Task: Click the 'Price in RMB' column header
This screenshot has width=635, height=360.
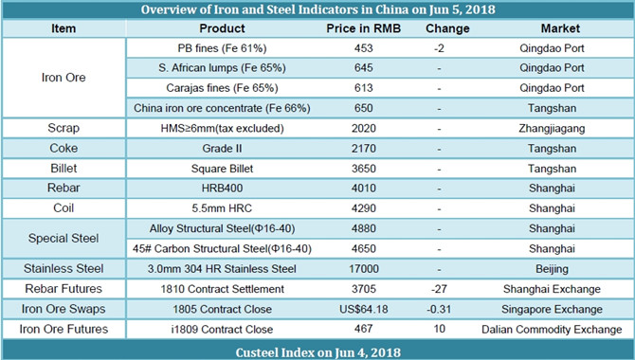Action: pos(363,28)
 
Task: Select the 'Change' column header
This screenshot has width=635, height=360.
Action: pos(447,28)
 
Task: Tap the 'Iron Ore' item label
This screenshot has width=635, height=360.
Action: pos(63,78)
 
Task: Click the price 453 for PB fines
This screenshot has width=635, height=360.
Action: pos(363,48)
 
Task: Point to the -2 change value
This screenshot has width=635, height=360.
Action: pos(439,48)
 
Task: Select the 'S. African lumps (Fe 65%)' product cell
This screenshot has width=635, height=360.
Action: pos(222,68)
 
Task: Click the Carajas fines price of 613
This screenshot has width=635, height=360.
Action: pos(363,88)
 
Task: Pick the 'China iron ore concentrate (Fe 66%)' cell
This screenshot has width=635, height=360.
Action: pos(222,108)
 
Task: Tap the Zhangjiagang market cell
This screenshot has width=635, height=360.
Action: pos(552,129)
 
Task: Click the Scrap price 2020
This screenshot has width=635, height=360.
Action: pos(363,129)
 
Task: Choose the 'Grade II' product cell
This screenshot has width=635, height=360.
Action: pos(222,148)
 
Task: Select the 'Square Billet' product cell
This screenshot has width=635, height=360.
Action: pos(222,169)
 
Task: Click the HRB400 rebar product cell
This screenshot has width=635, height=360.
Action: pos(222,189)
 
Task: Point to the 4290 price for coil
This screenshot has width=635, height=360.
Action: pos(363,208)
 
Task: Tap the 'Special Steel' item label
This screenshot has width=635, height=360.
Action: pos(63,238)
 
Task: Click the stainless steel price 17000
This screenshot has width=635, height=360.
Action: pos(363,268)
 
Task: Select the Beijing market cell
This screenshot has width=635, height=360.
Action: pos(552,269)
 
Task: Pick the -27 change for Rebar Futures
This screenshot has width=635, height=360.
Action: pos(439,289)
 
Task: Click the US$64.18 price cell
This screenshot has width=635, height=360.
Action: pos(363,309)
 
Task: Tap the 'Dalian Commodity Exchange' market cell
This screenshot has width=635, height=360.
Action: pos(552,330)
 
